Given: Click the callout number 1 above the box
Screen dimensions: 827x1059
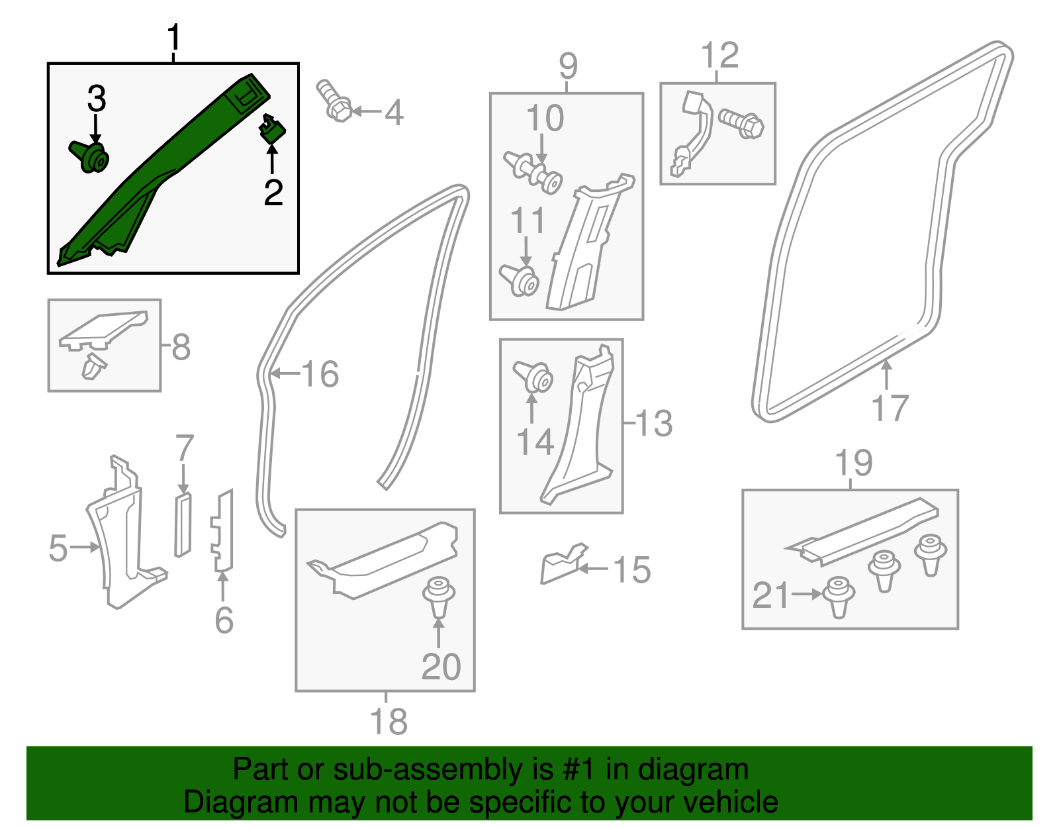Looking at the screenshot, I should [174, 38].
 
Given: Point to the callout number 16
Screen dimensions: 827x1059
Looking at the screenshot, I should [320, 374].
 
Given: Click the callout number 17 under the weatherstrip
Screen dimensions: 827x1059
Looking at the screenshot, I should [890, 408].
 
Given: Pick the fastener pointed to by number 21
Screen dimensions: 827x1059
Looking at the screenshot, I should [838, 595].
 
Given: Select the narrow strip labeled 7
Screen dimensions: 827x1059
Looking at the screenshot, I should [183, 525].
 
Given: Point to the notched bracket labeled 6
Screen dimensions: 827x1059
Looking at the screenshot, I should [222, 530].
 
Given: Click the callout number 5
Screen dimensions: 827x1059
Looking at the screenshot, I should [58, 548].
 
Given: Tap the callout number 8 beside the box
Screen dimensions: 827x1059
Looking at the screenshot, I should [181, 347].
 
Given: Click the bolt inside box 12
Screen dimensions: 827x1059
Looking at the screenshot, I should [742, 123].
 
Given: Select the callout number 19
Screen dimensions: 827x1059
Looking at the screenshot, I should [854, 462].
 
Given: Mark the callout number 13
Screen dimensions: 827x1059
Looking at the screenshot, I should [654, 423].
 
